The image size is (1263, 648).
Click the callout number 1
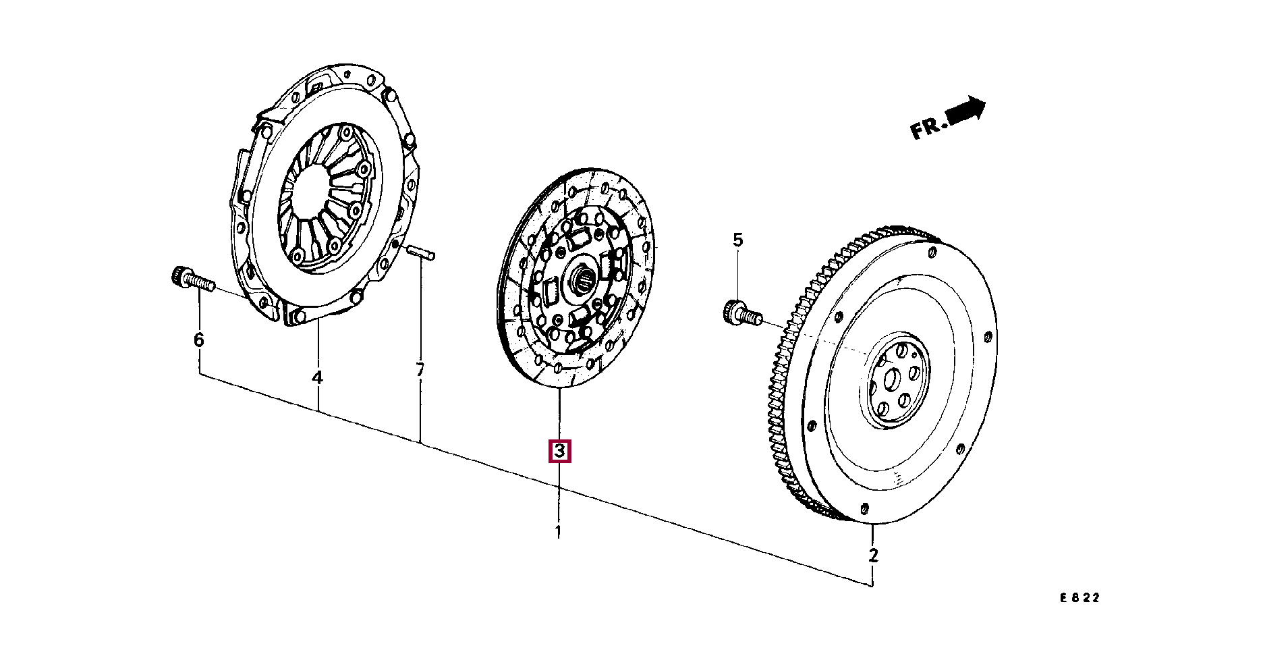tap(559, 532)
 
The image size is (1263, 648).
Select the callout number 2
tap(873, 556)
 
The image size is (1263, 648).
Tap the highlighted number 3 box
tap(559, 451)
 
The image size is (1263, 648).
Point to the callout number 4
tap(317, 377)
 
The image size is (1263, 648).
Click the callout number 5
tap(737, 240)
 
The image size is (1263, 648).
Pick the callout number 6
tap(198, 340)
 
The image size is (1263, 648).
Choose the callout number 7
tap(420, 370)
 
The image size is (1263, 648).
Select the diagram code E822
tap(1079, 597)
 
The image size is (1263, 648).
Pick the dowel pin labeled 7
tap(422, 253)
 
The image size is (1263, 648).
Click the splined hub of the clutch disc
tap(581, 279)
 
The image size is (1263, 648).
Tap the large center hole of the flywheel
tap(890, 379)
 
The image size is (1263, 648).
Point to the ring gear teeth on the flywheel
tap(783, 378)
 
